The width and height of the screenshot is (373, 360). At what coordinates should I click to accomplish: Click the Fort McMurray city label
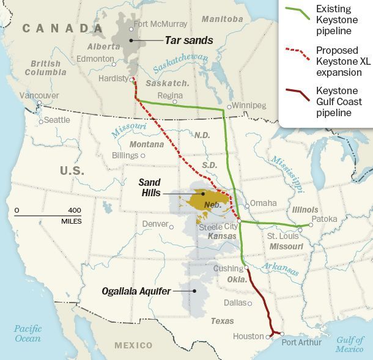(160, 24)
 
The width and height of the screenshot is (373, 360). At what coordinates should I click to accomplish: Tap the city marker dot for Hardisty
(131, 79)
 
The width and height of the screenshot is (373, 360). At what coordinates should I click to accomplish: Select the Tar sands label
(188, 41)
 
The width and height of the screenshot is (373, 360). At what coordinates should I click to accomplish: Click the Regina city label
(169, 95)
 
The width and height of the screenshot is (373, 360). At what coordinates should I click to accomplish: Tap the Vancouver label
(39, 95)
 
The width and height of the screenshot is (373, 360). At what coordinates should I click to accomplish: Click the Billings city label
(124, 155)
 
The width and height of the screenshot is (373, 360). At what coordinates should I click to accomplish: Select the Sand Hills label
(149, 187)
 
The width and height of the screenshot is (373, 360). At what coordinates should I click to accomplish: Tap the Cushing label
(228, 268)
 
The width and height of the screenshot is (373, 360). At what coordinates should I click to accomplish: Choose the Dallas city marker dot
(249, 303)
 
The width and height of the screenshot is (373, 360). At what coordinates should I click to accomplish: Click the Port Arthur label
(301, 342)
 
